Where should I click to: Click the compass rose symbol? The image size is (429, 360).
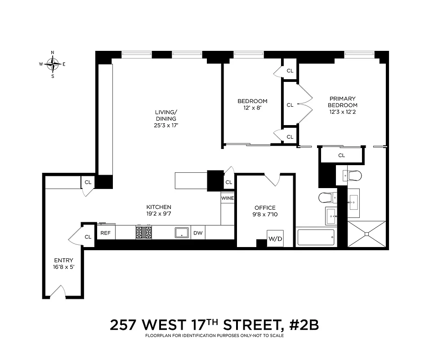pyautogui.click(x=53, y=64)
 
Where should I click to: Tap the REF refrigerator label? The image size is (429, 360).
pyautogui.click(x=105, y=233)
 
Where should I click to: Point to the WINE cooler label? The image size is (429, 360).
pyautogui.click(x=228, y=198)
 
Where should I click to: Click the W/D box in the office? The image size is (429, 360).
pyautogui.click(x=275, y=238)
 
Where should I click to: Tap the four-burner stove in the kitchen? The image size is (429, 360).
pyautogui.click(x=145, y=232)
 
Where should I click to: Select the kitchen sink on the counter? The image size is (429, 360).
pyautogui.click(x=182, y=232)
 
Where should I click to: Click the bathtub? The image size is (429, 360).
pyautogui.click(x=316, y=237)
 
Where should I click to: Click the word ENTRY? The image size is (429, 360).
pyautogui.click(x=63, y=261)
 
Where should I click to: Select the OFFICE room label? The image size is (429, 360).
pyautogui.click(x=265, y=207)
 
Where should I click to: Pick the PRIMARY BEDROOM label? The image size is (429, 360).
pyautogui.click(x=343, y=102)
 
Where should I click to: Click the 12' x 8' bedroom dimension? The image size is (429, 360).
pyautogui.click(x=252, y=108)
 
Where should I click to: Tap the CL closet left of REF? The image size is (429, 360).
pyautogui.click(x=88, y=237)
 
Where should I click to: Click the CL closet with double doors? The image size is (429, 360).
pyautogui.click(x=290, y=105)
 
